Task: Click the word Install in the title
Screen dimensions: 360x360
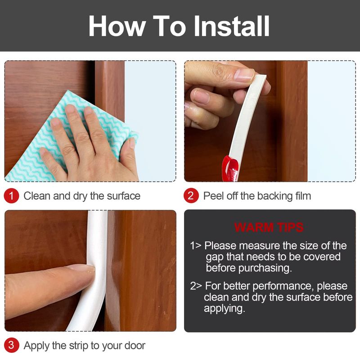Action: click(231, 26)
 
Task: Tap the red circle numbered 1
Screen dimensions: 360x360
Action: click(11, 196)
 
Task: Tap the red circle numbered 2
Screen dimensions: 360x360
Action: click(191, 196)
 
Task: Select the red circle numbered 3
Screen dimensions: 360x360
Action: click(11, 345)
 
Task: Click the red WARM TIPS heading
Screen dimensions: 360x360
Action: click(269, 228)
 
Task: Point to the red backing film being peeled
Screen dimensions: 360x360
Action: click(230, 169)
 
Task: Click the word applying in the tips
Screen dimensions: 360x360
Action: click(224, 309)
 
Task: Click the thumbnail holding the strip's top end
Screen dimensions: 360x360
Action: click(244, 75)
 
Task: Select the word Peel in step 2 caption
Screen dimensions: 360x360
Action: click(213, 196)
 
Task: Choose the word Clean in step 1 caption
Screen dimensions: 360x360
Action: click(37, 196)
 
